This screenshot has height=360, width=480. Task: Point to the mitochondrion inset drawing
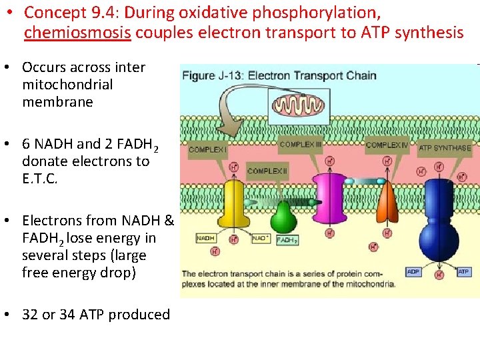tap(299, 105)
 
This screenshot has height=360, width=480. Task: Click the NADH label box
tap(206, 238)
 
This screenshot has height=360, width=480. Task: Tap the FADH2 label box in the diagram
tap(287, 240)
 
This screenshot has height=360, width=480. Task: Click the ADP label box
tap(413, 272)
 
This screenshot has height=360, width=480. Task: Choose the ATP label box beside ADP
tap(464, 272)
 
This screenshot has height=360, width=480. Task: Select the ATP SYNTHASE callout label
tap(445, 148)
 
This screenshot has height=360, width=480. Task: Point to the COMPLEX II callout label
tap(267, 171)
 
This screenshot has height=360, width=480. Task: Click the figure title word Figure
tap(198, 75)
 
